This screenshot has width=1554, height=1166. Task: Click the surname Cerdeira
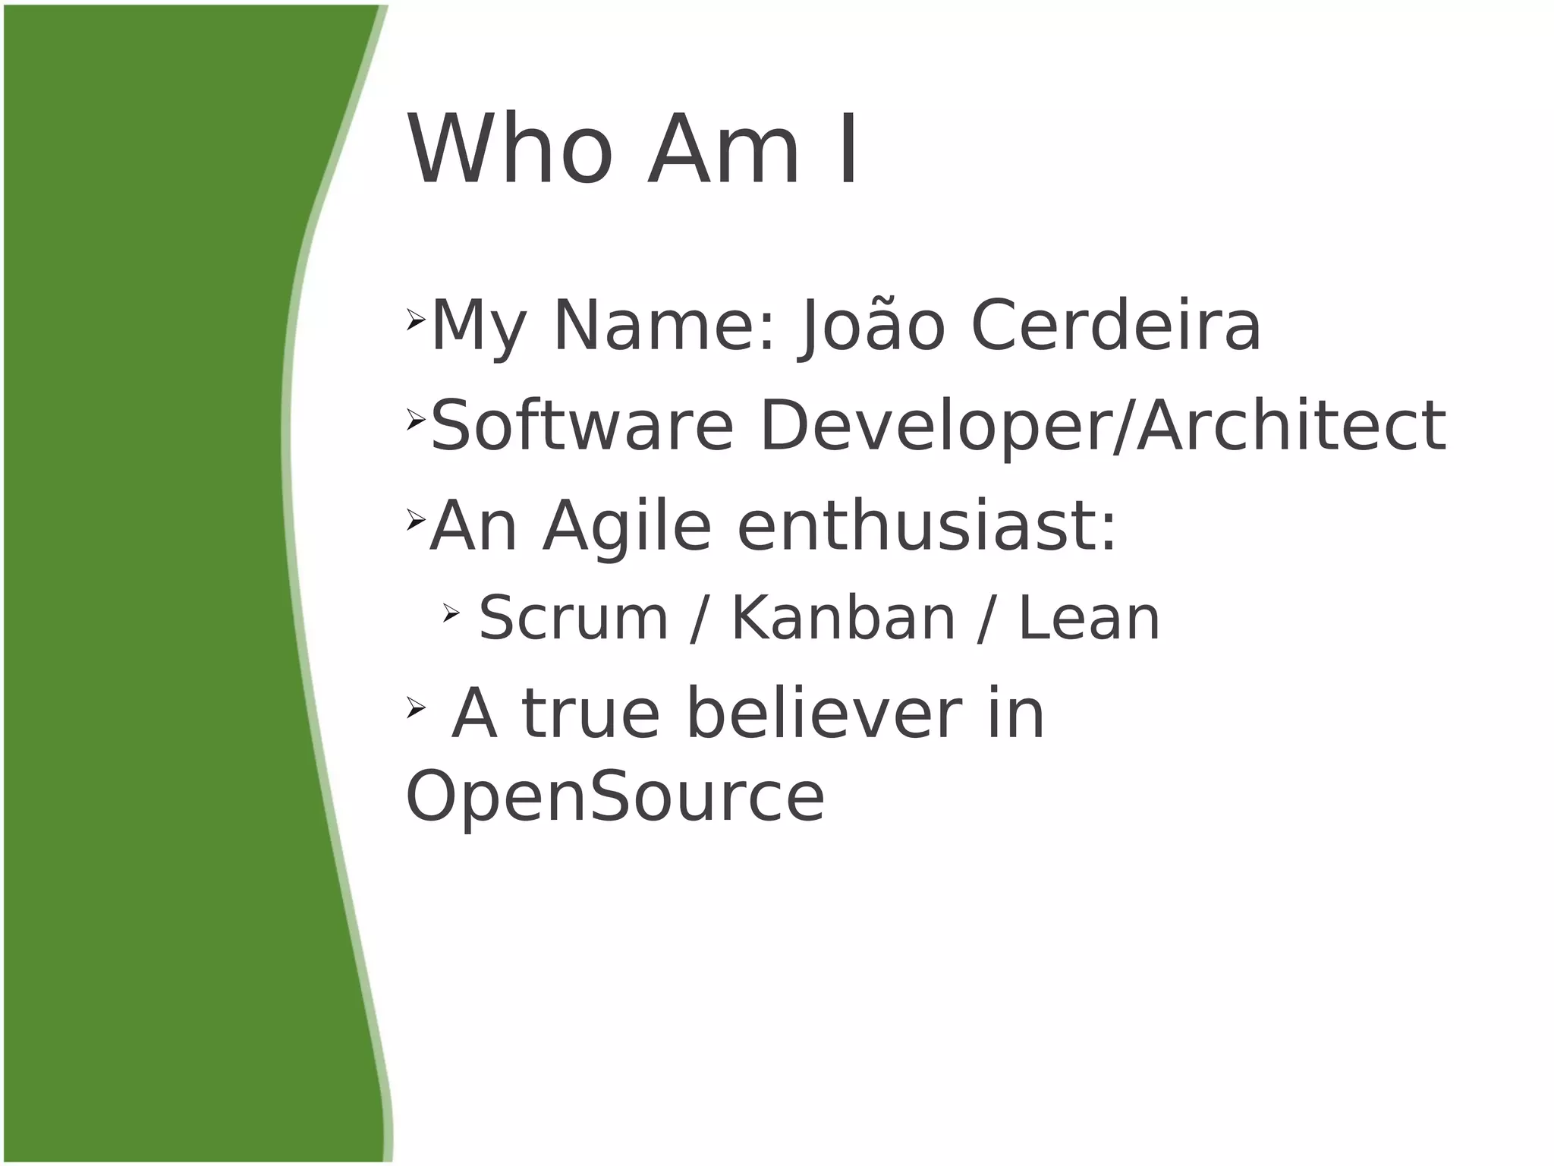(x=1115, y=326)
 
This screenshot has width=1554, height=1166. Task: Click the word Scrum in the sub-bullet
(x=574, y=619)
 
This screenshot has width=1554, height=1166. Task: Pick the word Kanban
(x=842, y=619)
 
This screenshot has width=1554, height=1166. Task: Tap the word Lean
(x=1089, y=619)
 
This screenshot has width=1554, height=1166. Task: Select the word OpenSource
(x=615, y=797)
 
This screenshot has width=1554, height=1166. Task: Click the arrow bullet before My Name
(x=415, y=320)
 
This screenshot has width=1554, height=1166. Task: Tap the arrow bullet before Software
(x=415, y=418)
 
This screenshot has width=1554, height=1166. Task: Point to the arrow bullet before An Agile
(x=415, y=520)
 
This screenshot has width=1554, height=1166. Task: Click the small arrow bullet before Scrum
(x=451, y=612)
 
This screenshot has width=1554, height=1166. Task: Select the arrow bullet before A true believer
(x=415, y=707)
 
